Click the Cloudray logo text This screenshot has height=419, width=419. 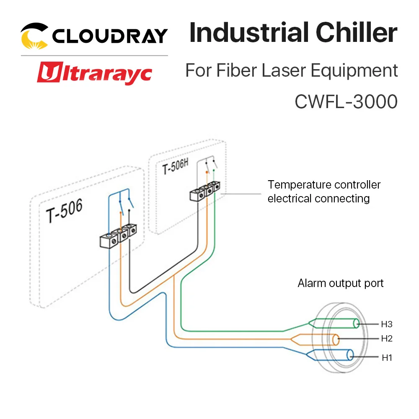click(110, 36)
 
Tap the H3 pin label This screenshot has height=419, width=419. click(387, 324)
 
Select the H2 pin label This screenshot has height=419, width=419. click(387, 338)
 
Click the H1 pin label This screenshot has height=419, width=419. click(387, 358)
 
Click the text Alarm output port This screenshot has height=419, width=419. click(341, 283)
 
